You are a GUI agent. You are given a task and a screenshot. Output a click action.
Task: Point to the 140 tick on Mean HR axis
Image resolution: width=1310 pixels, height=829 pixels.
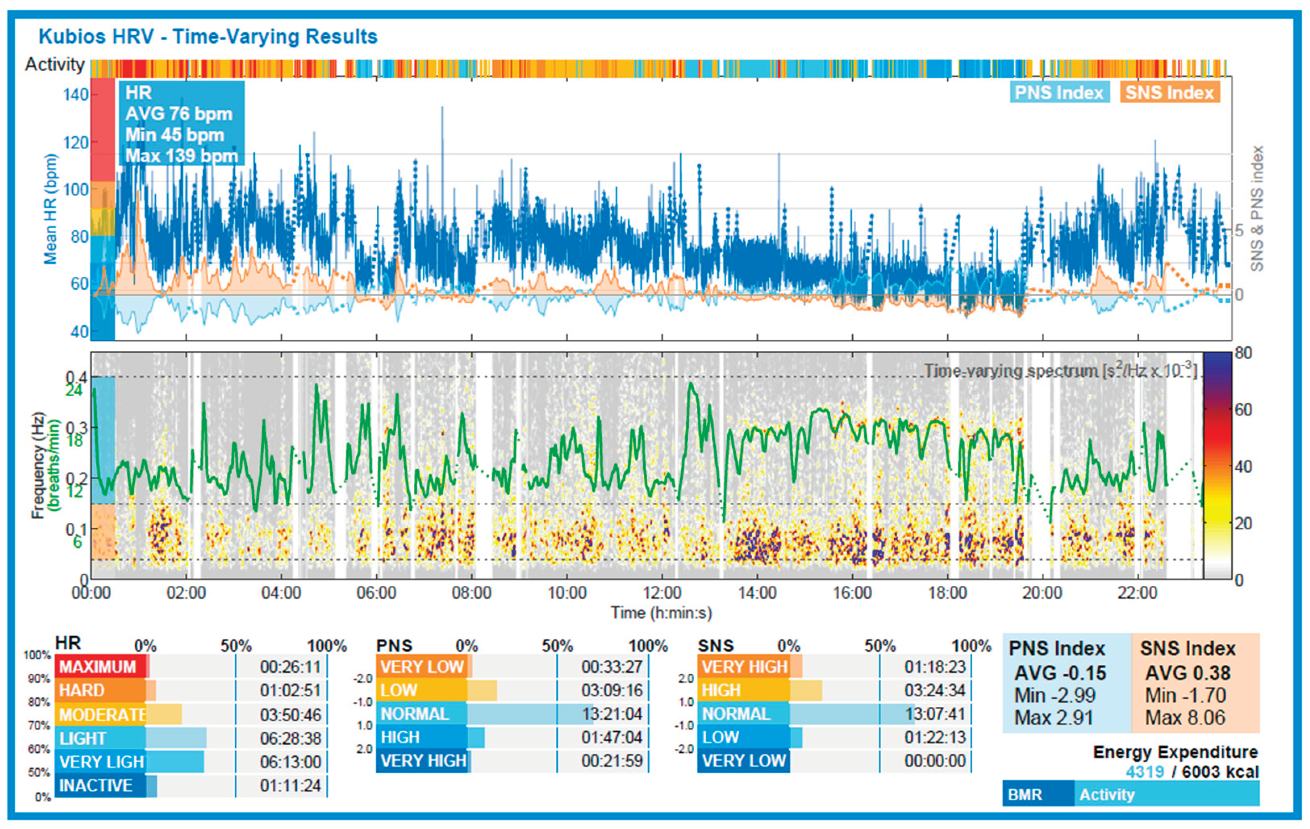coord(75,95)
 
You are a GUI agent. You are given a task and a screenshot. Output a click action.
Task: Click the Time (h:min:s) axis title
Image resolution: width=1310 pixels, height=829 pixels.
coord(661,613)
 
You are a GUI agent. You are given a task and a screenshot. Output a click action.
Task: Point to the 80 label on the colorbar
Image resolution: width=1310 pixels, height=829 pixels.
coord(1243,353)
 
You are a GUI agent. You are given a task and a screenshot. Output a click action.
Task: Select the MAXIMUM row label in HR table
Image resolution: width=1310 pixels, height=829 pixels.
coord(98,667)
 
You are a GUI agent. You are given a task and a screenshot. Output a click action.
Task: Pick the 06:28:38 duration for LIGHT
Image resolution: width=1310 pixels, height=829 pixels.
coord(290,738)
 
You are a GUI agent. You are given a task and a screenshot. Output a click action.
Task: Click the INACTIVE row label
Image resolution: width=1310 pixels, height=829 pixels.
coord(96,785)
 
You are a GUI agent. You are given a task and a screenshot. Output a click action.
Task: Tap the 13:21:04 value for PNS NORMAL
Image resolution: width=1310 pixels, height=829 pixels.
coord(612,714)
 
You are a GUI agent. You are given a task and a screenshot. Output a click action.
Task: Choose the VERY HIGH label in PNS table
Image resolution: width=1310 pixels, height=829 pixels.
coord(423,761)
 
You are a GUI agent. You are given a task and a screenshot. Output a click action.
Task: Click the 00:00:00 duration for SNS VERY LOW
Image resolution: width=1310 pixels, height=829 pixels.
coord(934,761)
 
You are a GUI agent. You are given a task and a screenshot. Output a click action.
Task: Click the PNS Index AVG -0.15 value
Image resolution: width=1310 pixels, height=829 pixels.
coord(1060,673)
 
